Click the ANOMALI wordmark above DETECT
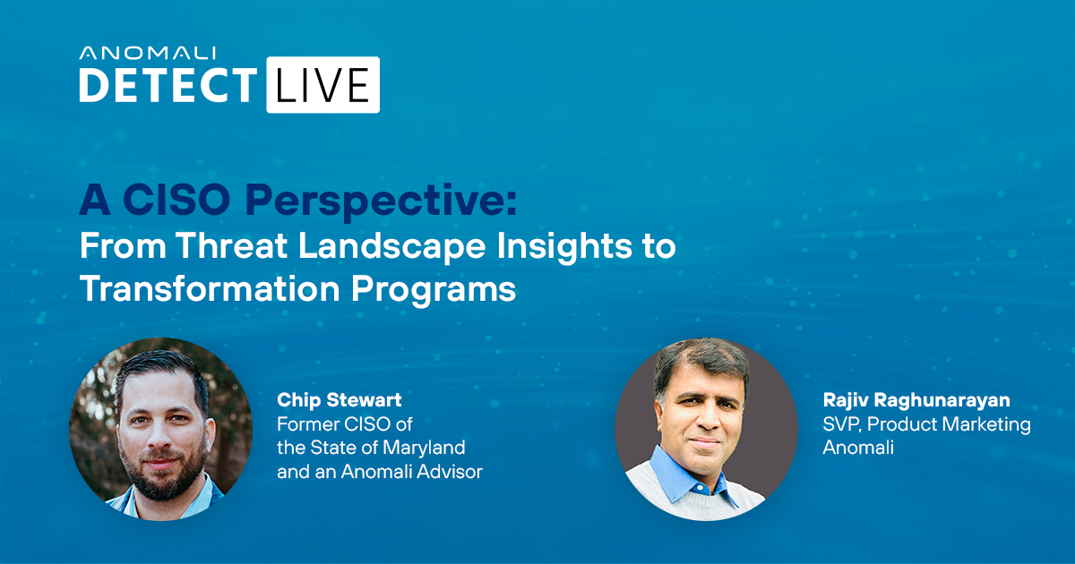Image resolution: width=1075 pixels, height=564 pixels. click(x=147, y=53)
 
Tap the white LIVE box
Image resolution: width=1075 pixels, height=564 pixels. click(x=323, y=85)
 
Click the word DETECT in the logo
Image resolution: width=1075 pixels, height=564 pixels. click(x=168, y=85)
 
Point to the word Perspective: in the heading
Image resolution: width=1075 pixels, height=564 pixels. click(x=381, y=202)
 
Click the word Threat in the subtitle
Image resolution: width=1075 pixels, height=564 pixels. click(x=232, y=245)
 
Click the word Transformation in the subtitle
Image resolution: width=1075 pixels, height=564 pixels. click(x=210, y=288)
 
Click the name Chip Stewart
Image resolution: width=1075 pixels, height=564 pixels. click(x=340, y=400)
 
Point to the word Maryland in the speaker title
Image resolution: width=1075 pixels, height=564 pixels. click(x=425, y=449)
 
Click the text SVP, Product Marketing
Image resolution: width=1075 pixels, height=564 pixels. click(x=926, y=425)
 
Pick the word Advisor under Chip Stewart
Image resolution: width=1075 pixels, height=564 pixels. click(x=450, y=472)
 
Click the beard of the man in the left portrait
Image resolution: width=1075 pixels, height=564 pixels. click(x=162, y=474)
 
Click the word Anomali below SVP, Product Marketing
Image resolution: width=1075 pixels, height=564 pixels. click(x=858, y=449)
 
